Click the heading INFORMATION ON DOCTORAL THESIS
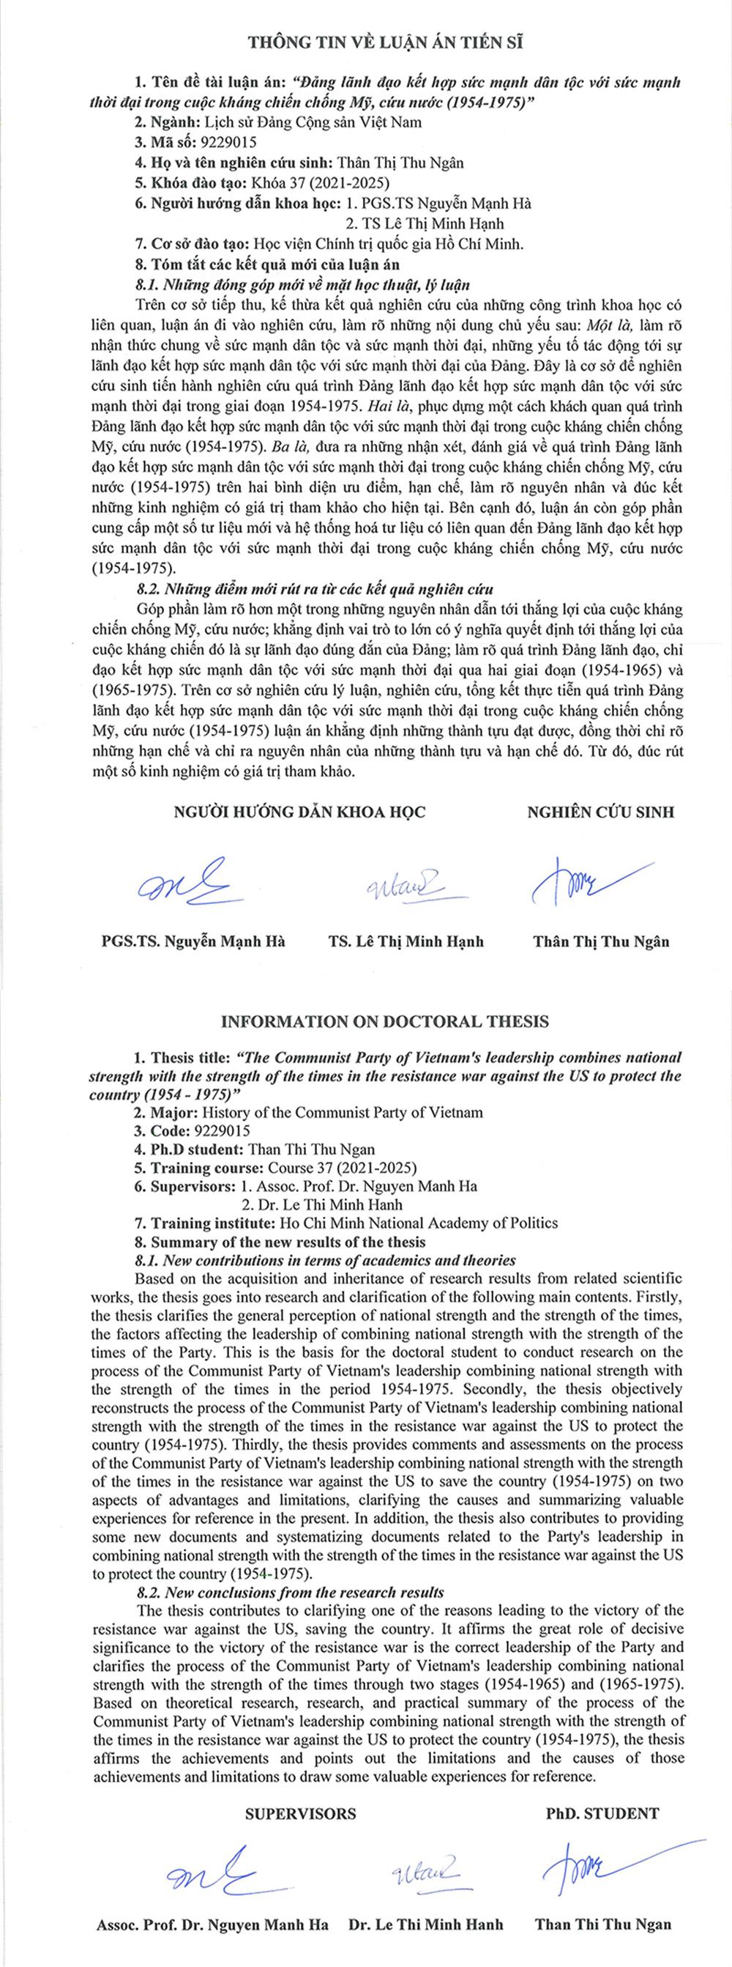(x=385, y=1021)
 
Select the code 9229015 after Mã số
(x=227, y=142)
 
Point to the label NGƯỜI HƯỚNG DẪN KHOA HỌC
(x=300, y=812)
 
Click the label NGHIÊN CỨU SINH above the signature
(x=601, y=812)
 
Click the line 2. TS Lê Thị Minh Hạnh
(x=425, y=223)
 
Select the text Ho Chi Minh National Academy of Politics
(x=419, y=1223)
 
